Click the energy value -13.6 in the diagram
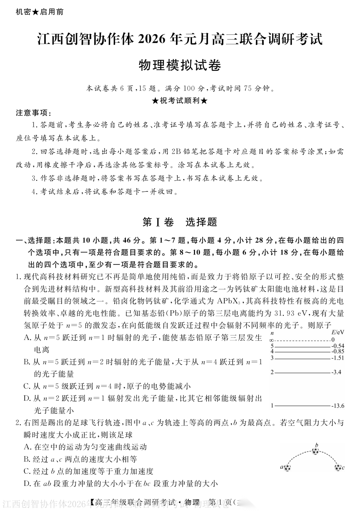click(338, 406)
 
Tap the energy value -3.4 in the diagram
click(336, 372)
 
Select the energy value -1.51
click(337, 358)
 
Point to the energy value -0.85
click(337, 351)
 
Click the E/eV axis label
click(338, 332)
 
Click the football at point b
click(315, 451)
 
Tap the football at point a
click(288, 467)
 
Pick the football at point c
click(338, 467)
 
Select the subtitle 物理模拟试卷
click(180, 65)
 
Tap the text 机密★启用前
click(39, 12)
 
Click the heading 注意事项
click(33, 113)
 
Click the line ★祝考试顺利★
click(180, 101)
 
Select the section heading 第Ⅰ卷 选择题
click(180, 222)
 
